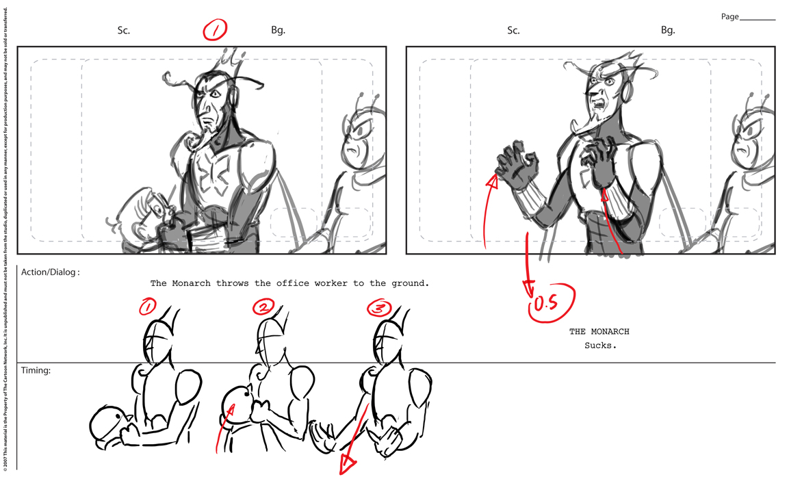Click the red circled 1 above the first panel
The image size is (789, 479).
click(215, 30)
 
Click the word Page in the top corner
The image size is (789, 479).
click(729, 16)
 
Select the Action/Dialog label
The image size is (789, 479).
click(51, 272)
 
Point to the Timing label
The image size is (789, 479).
click(36, 370)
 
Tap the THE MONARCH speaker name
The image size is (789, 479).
click(599, 332)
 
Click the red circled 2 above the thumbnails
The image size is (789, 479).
click(264, 307)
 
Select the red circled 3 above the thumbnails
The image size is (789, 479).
click(379, 308)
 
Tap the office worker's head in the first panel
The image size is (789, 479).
click(142, 213)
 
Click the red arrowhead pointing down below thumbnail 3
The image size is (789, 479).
click(347, 465)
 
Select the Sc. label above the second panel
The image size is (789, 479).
click(513, 30)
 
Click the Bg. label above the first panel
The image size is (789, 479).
click(278, 30)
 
